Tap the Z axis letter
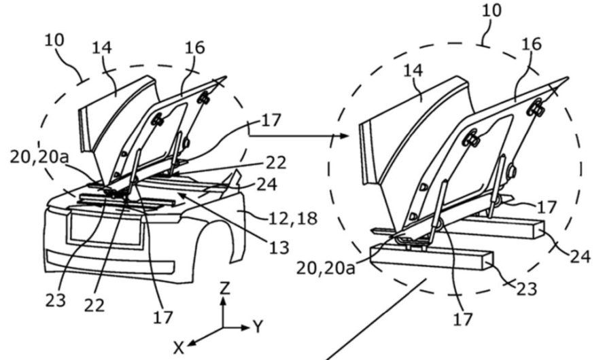pyautogui.click(x=225, y=288)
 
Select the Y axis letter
pyautogui.click(x=258, y=327)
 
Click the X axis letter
pyautogui.click(x=179, y=348)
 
